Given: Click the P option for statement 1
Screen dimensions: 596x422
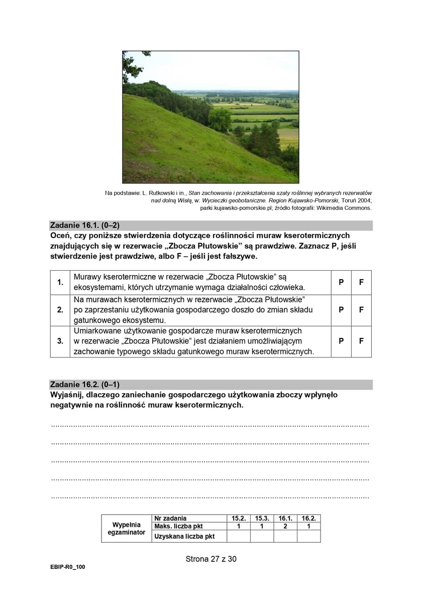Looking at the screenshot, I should click(x=341, y=282).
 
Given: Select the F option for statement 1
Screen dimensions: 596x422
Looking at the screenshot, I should click(x=361, y=282).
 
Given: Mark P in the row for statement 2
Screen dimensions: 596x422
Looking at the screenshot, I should click(x=341, y=310).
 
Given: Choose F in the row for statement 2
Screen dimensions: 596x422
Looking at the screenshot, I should click(x=361, y=310).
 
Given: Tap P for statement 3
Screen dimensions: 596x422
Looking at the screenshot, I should click(x=341, y=341).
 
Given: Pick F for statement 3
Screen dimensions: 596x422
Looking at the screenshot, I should click(x=361, y=341).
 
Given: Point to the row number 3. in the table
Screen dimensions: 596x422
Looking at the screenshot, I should click(x=60, y=341).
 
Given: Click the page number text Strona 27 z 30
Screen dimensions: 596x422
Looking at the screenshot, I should click(x=211, y=558).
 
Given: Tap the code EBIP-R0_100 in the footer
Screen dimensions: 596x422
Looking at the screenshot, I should click(x=68, y=566).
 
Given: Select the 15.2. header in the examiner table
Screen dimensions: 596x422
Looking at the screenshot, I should click(x=238, y=518).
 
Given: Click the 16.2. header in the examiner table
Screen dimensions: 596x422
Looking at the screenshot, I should click(x=308, y=518).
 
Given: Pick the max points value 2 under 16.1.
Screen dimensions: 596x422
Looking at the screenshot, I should click(x=285, y=526).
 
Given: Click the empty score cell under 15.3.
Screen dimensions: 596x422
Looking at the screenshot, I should click(x=262, y=536).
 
